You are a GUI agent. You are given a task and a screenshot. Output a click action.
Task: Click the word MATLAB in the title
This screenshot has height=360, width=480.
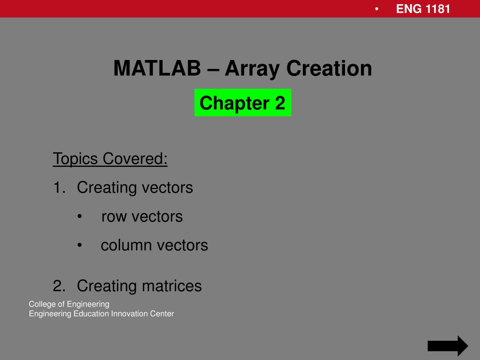click(x=157, y=68)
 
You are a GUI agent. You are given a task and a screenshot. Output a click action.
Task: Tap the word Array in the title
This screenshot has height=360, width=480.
click(x=252, y=69)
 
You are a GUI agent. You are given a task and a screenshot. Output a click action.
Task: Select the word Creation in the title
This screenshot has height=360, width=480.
click(x=329, y=68)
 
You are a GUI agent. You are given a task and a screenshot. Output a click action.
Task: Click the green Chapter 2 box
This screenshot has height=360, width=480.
click(x=243, y=103)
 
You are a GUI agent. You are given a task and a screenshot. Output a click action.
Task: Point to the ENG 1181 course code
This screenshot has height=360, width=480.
click(x=423, y=9)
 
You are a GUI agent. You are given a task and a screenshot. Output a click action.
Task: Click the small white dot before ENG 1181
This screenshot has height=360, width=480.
click(x=376, y=9)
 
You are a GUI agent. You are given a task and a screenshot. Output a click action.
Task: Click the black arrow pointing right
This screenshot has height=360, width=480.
click(x=448, y=346)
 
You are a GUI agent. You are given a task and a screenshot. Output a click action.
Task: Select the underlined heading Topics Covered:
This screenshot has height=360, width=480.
click(x=110, y=158)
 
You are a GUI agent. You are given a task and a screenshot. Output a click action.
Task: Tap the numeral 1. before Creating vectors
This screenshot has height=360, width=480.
click(x=59, y=187)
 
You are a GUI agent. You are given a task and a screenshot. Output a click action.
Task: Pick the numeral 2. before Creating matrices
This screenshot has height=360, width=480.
click(x=59, y=285)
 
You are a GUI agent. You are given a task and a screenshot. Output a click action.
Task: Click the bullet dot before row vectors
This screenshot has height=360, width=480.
click(x=80, y=217)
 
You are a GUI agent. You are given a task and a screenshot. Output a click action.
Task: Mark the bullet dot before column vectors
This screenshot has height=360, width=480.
click(x=80, y=245)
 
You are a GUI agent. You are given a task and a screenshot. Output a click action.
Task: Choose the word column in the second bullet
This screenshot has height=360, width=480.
click(x=126, y=245)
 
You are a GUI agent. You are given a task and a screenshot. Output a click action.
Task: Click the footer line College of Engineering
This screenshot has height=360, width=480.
click(x=69, y=304)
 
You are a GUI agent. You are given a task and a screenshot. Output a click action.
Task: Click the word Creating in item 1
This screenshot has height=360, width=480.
click(x=107, y=187)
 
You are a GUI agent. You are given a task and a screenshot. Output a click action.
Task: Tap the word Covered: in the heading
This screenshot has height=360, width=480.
click(x=135, y=158)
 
